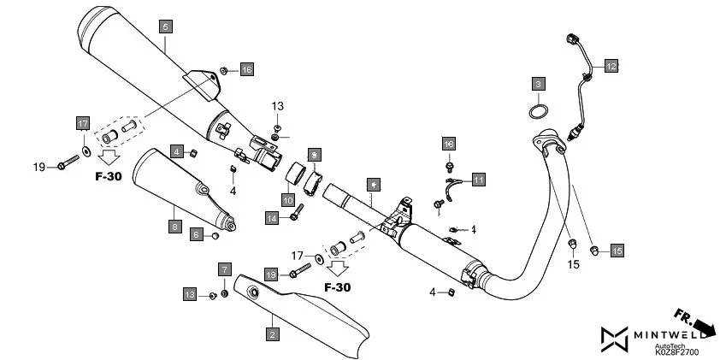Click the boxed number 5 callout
coord(164,27)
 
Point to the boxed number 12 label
coord(611,65)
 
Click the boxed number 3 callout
coord(537,84)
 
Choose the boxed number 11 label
coord(478,180)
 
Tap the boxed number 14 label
coord(272,219)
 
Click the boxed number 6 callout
coord(196,234)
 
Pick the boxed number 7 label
coord(225,269)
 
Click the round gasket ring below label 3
coord(537,112)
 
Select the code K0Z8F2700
coord(677,351)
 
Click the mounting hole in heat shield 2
coord(253,292)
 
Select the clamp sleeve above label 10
coord(295,177)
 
